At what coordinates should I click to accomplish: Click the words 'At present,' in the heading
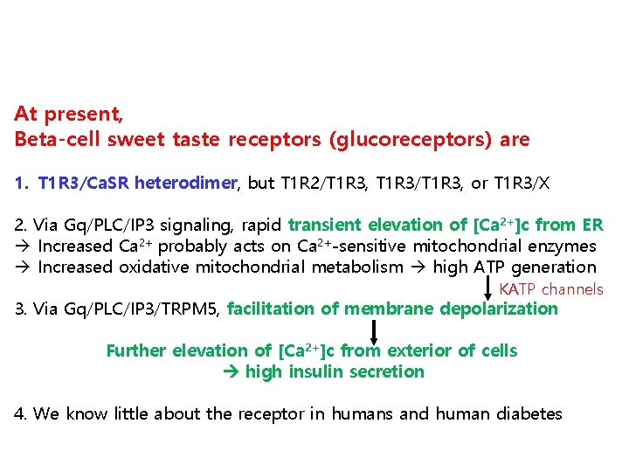tap(68, 115)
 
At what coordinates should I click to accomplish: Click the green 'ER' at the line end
tap(591, 226)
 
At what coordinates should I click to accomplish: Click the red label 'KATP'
tap(517, 289)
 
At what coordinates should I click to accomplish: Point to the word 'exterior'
tap(411, 351)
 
